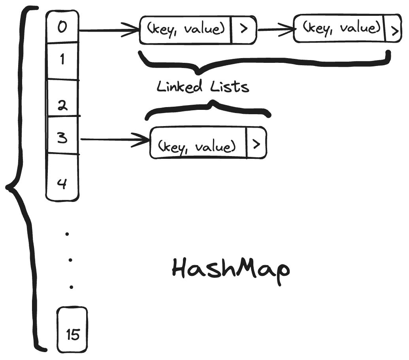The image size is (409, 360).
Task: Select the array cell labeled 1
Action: click(x=62, y=60)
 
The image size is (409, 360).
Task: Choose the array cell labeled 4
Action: click(x=62, y=178)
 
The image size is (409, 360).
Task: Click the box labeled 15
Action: click(x=73, y=331)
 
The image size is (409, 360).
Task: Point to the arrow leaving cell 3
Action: click(x=115, y=139)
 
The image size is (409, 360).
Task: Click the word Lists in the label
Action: click(x=230, y=86)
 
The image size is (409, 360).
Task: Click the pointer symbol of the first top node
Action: click(x=243, y=30)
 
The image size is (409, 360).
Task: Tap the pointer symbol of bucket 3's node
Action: click(x=256, y=144)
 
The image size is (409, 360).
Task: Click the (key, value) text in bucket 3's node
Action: click(x=197, y=147)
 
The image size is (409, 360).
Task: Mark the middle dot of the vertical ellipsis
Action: click(x=70, y=260)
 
